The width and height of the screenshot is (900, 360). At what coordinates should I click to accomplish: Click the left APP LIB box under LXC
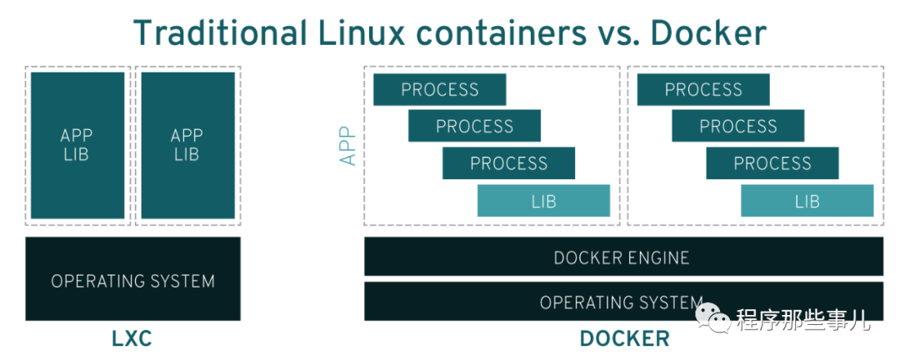pyautogui.click(x=77, y=145)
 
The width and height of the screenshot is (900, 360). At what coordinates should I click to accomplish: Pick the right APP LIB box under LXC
pyautogui.click(x=187, y=145)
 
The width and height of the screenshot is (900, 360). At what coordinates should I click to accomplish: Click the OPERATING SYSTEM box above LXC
pyautogui.click(x=132, y=280)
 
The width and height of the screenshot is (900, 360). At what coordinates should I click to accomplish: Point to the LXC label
pyautogui.click(x=132, y=339)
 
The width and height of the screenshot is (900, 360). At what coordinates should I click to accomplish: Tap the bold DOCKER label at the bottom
pyautogui.click(x=624, y=339)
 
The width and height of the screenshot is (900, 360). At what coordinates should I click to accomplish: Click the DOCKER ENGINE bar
pyautogui.click(x=622, y=257)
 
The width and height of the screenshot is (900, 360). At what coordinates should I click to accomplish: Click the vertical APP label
pyautogui.click(x=347, y=145)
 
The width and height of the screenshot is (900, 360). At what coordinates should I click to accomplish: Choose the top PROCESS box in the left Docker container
pyautogui.click(x=439, y=90)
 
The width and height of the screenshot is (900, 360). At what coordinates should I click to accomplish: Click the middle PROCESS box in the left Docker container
pyautogui.click(x=474, y=127)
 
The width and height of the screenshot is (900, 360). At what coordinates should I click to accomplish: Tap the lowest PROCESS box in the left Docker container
pyautogui.click(x=508, y=163)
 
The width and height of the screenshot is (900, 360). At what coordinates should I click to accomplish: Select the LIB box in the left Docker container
pyautogui.click(x=543, y=201)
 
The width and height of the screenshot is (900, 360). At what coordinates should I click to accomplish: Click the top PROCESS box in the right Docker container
pyautogui.click(x=702, y=90)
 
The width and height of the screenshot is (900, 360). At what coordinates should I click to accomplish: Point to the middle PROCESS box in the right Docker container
pyautogui.click(x=737, y=127)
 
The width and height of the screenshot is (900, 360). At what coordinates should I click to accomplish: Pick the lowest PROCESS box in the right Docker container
pyautogui.click(x=772, y=163)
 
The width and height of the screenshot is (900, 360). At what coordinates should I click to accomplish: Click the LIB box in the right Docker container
pyautogui.click(x=807, y=201)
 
